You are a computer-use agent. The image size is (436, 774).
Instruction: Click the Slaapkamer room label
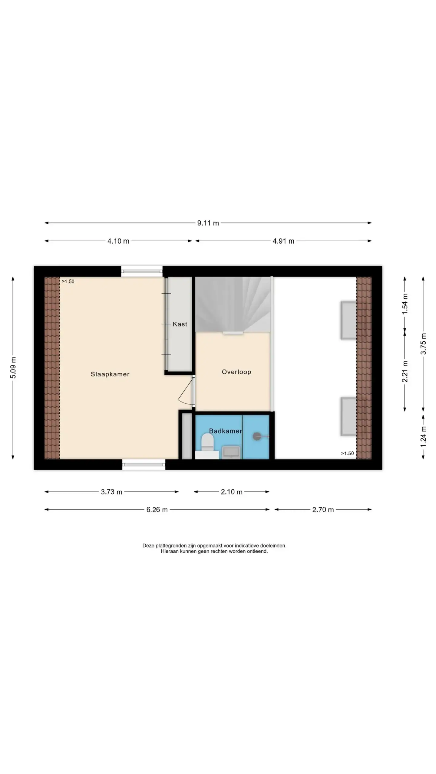(x=110, y=374)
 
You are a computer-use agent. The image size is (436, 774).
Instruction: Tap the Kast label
(x=180, y=324)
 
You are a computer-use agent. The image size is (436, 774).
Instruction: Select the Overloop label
(x=236, y=372)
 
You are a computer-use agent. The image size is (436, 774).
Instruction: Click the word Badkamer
(x=226, y=431)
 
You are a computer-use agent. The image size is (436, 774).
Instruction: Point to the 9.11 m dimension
(x=208, y=223)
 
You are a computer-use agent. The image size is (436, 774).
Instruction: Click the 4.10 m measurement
(x=118, y=241)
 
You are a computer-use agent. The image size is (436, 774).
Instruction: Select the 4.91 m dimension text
(x=283, y=241)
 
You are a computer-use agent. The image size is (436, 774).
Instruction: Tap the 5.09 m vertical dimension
(x=13, y=368)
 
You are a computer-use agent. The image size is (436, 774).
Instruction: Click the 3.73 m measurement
(x=111, y=492)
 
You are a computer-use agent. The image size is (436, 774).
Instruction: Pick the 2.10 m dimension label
(x=232, y=492)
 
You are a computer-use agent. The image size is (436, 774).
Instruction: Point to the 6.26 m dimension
(x=157, y=510)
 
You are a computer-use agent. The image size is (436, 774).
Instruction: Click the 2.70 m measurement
(x=323, y=510)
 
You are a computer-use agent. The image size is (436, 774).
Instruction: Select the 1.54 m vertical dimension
(x=405, y=304)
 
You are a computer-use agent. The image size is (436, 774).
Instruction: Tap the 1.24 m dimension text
(x=423, y=437)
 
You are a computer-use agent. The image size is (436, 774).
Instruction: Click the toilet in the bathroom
(x=208, y=442)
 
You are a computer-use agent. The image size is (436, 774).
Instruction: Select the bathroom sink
(x=231, y=452)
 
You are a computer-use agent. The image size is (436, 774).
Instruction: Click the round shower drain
(x=257, y=436)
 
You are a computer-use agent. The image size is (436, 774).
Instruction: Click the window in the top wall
(x=142, y=271)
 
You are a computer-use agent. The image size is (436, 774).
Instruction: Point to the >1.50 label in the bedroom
(x=68, y=281)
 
